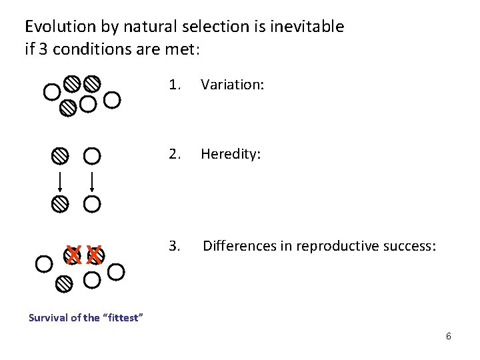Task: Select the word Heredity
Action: click(230, 155)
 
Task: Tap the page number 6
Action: click(449, 336)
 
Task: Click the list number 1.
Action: click(175, 85)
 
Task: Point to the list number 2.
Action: click(175, 155)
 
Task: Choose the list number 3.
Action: click(175, 247)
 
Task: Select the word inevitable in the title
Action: click(311, 27)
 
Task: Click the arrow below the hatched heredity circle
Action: click(61, 181)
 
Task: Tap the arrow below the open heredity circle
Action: click(91, 181)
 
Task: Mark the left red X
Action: click(75, 254)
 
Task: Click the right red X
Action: click(95, 254)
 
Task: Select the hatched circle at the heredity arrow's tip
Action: click(61, 203)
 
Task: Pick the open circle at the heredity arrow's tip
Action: click(91, 203)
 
